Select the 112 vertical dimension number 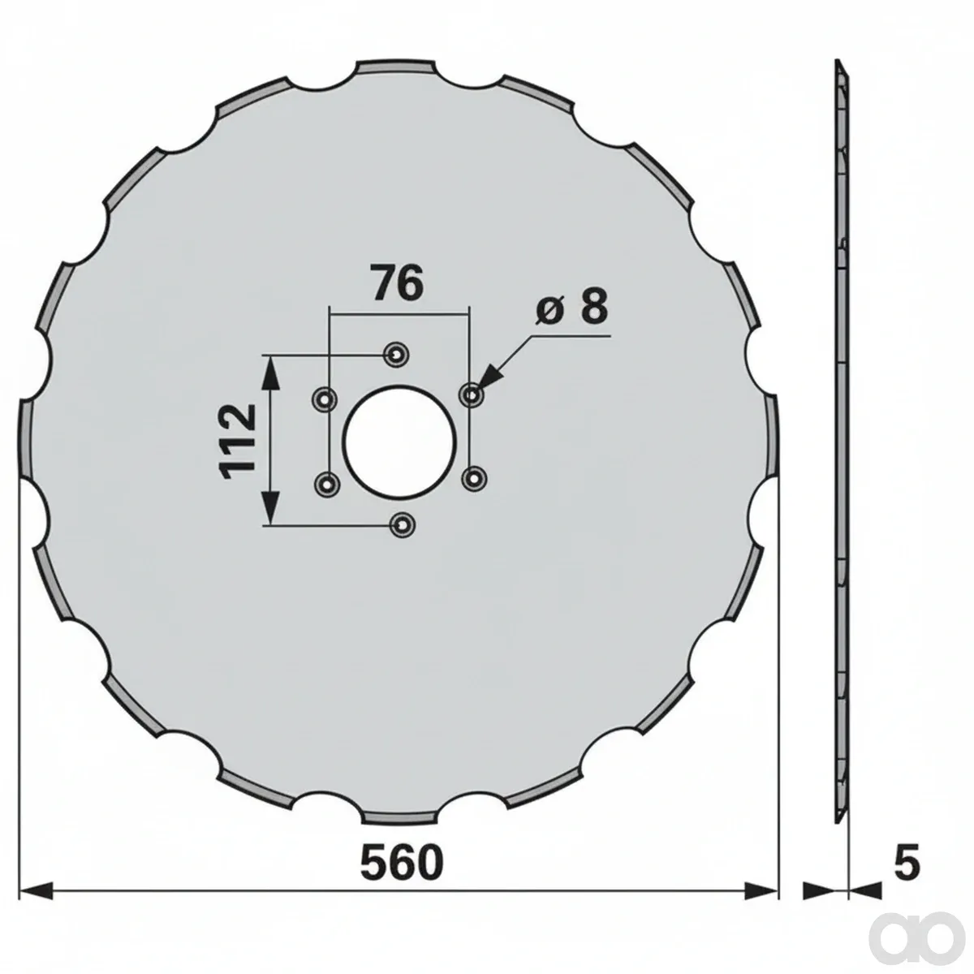(x=236, y=441)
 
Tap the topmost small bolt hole (x=397, y=356)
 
